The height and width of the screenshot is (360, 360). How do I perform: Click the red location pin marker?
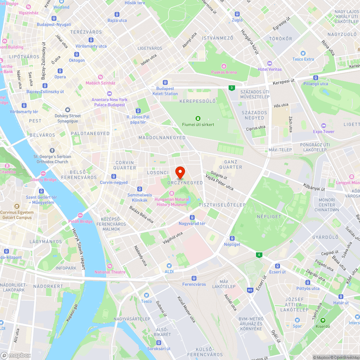180,172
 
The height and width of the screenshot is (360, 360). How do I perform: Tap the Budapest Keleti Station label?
165,91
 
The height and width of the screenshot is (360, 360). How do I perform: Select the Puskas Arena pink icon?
224,66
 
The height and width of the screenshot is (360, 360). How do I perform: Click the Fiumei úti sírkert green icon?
198,118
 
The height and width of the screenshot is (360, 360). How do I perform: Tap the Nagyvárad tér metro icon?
192,217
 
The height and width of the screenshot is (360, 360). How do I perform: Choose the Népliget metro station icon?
232,238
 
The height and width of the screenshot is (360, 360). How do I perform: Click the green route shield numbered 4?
258,255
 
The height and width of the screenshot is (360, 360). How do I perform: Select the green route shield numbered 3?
231,88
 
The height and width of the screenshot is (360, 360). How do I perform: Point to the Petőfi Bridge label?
80,221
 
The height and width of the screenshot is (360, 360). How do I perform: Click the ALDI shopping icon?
168,265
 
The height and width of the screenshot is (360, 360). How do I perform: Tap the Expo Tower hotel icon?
324,126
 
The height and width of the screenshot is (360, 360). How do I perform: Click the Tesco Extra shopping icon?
303,53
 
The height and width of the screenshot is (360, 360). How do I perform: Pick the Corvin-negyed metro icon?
114,176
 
